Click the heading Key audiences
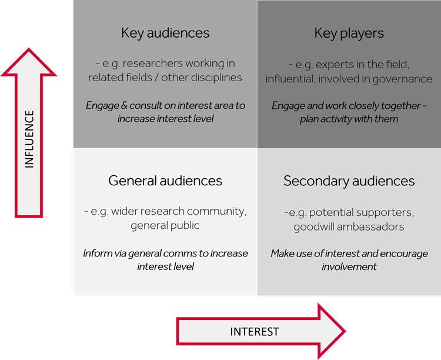click(165, 33)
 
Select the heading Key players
click(349, 33)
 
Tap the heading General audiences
click(165, 181)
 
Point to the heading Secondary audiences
click(349, 181)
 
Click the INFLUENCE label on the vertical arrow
click(29, 139)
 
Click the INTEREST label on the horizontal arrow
click(255, 332)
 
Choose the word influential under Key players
click(292, 78)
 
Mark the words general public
click(165, 226)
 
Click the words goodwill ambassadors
click(349, 226)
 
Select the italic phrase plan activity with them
click(349, 119)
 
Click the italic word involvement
click(349, 267)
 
